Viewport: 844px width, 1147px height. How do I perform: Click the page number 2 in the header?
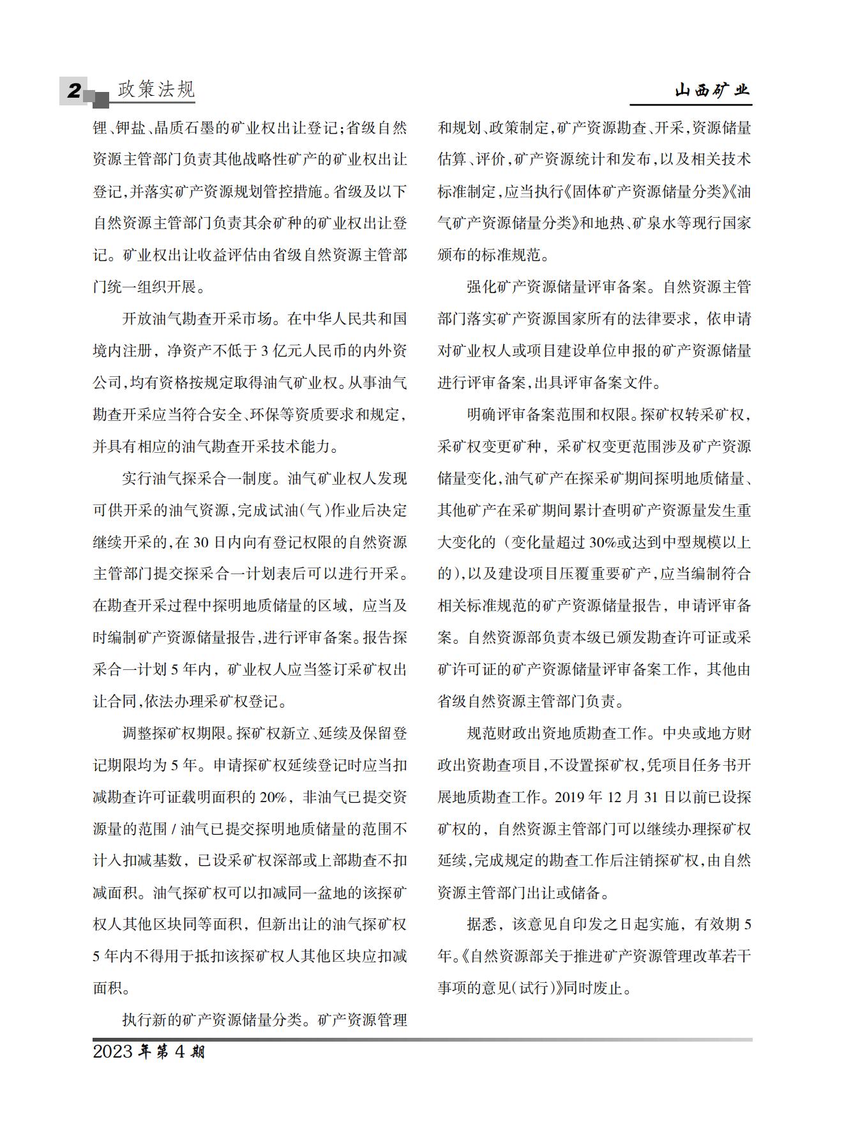click(x=74, y=91)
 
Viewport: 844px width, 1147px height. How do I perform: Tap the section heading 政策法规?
click(x=156, y=89)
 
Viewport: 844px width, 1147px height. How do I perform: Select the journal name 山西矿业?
click(x=712, y=91)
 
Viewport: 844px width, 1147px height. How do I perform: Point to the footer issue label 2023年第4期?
click(x=149, y=1052)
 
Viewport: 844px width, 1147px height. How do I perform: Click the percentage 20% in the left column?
click(x=273, y=797)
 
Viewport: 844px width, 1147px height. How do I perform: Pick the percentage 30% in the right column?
click(x=603, y=542)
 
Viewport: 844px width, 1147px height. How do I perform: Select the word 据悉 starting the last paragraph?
click(x=482, y=925)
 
